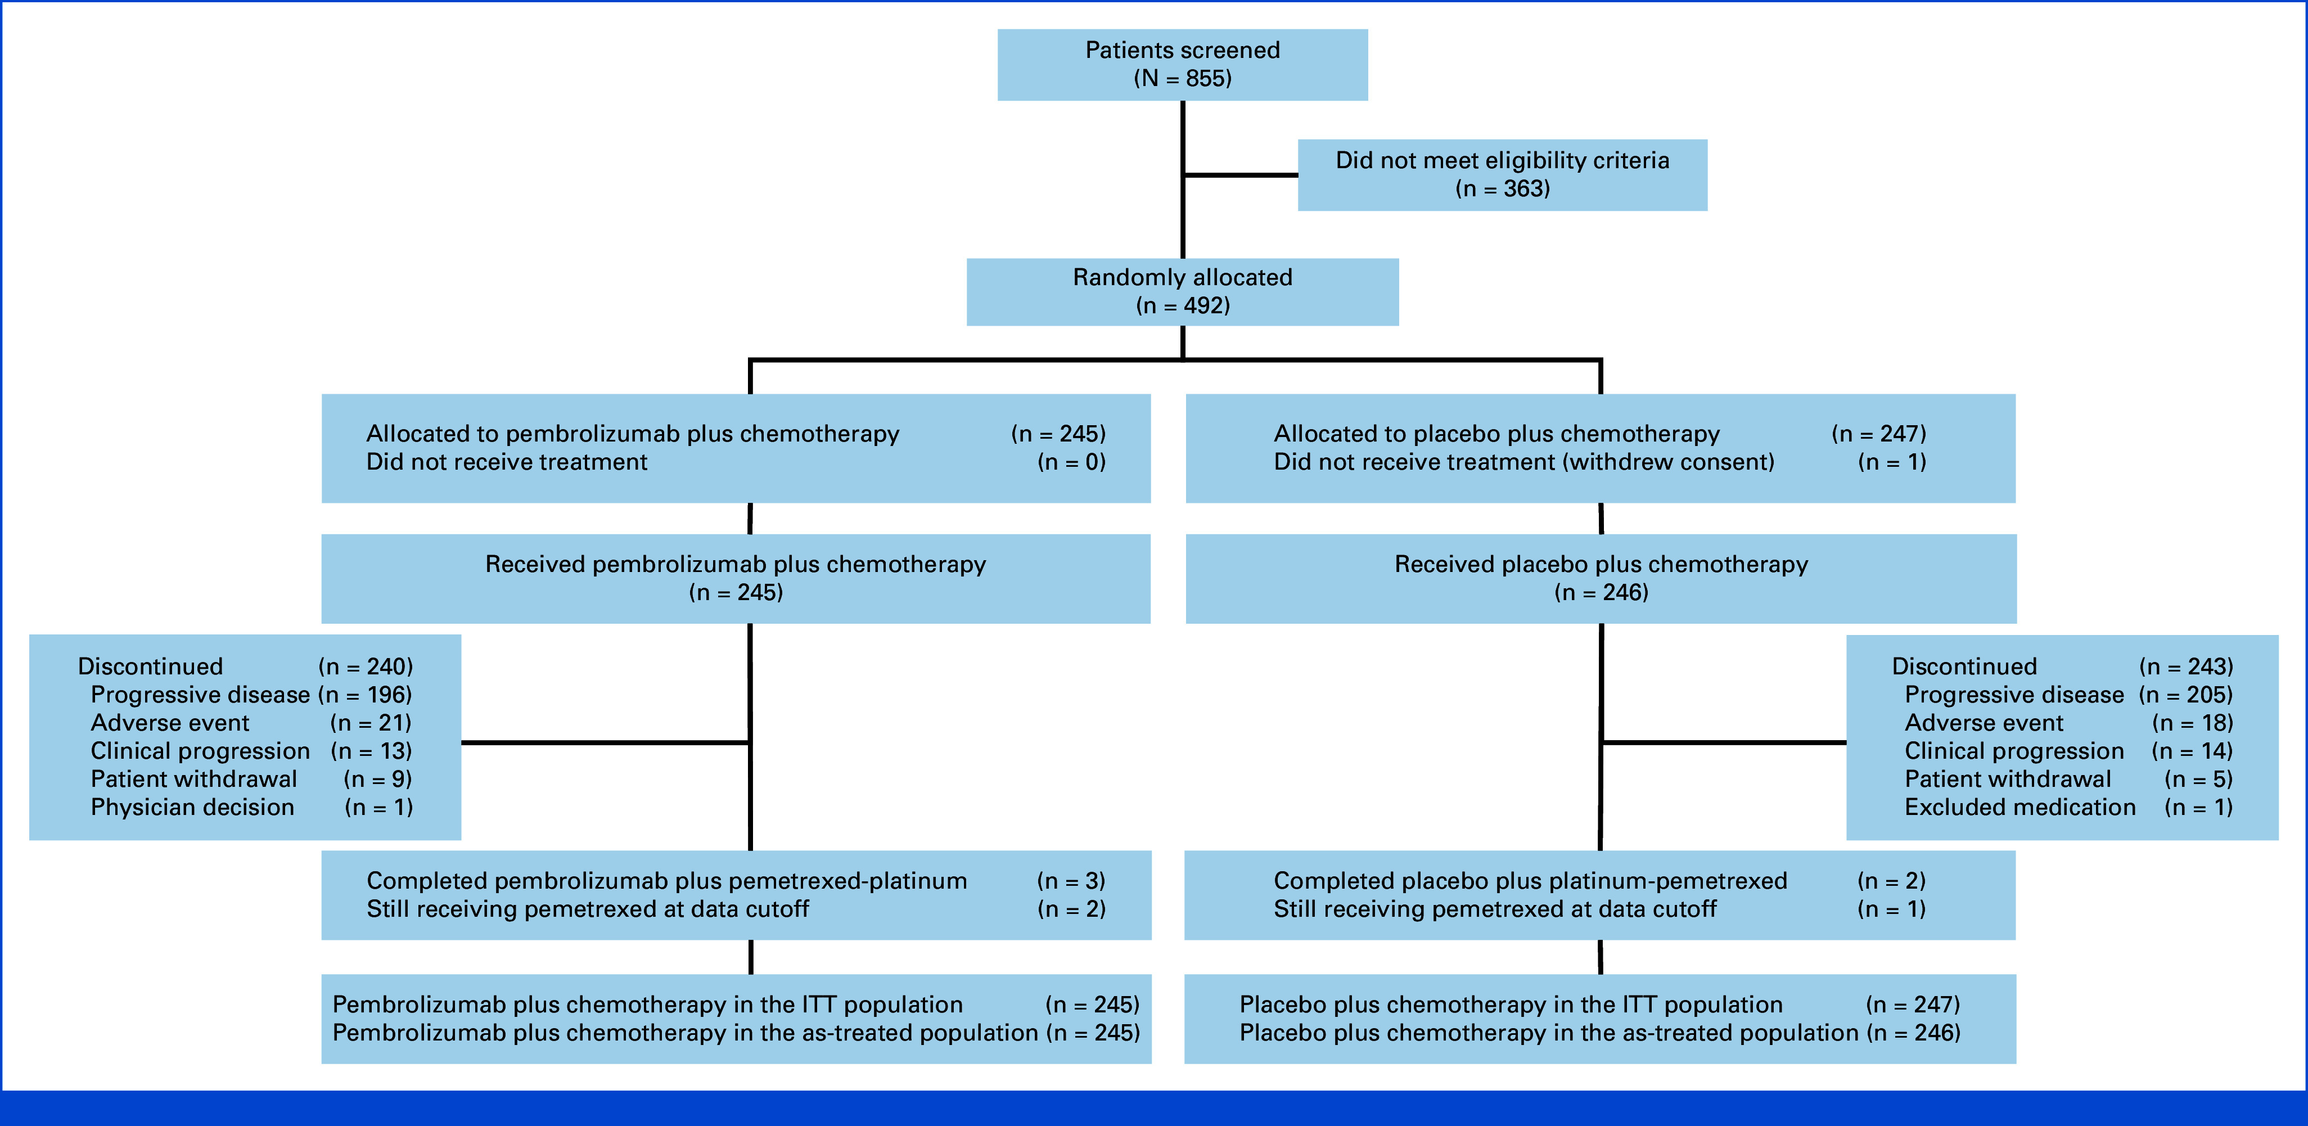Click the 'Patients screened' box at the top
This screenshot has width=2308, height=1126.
1183,65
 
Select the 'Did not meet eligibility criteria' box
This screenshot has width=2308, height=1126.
1503,175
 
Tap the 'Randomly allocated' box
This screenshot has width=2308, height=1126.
1183,292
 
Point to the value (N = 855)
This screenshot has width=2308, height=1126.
1183,79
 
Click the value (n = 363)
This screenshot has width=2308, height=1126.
1503,189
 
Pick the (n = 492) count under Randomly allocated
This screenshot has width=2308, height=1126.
1183,307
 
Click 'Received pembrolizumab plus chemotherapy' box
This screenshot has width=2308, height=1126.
736,579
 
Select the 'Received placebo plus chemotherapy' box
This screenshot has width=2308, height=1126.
1601,579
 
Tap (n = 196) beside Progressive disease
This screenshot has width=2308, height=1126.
366,695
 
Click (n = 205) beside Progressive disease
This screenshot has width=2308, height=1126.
2186,695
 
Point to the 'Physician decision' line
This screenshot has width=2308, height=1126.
252,808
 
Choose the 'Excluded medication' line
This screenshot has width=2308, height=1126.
2069,808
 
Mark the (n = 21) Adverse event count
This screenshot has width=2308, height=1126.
372,723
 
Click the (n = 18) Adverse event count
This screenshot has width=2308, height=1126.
2192,723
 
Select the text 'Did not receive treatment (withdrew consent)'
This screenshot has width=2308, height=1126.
1524,462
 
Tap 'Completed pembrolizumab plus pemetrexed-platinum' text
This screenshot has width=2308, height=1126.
666,881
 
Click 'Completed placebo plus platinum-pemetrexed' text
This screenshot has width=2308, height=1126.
1530,881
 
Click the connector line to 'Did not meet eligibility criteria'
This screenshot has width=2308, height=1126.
1241,175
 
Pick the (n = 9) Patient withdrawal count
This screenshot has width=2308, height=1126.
378,780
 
